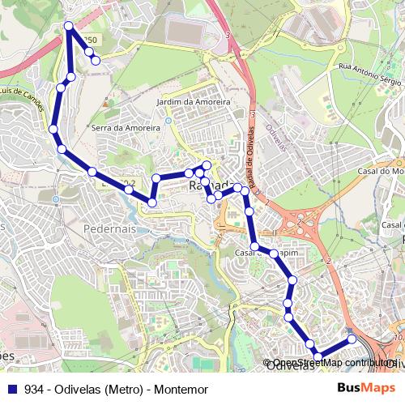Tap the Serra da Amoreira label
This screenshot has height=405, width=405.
(126, 127)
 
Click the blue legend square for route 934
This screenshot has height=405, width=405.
(11, 390)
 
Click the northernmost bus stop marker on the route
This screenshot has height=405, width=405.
(70, 27)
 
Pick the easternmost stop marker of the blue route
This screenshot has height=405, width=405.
(352, 339)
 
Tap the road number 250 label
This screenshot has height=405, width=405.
(89, 40)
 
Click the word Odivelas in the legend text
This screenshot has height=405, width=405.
(79, 390)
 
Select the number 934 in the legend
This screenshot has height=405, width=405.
(34, 390)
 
